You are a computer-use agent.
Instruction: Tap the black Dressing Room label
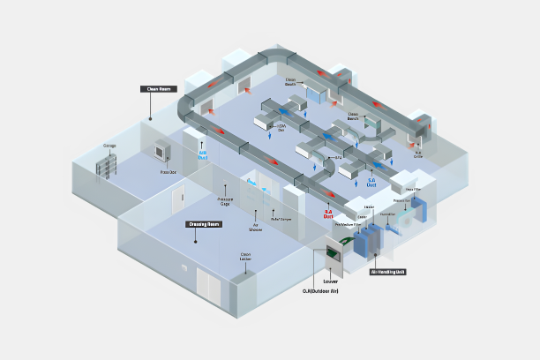(204, 224)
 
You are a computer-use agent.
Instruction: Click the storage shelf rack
(109, 164)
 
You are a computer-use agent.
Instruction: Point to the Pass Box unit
(161, 152)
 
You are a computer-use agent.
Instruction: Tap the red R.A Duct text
(328, 213)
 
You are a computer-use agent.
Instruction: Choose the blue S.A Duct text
(371, 184)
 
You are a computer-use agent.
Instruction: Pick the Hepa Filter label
(412, 189)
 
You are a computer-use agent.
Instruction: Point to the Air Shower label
(257, 225)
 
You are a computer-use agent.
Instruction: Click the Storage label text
(110, 146)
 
